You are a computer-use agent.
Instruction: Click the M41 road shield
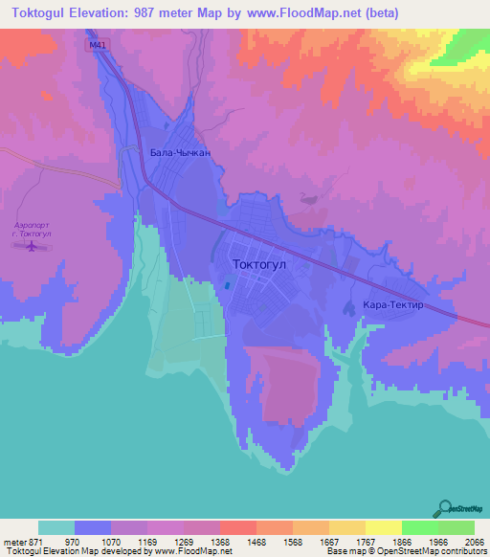click(95, 45)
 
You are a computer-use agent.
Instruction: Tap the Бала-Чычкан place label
click(181, 152)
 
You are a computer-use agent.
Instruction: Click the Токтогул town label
click(260, 261)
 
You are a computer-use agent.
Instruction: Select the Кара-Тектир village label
click(393, 306)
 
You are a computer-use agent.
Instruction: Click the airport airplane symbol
click(33, 247)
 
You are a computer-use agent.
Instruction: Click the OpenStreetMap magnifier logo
click(442, 508)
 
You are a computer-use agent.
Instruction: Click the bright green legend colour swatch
click(420, 527)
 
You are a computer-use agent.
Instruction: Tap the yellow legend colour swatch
click(384, 527)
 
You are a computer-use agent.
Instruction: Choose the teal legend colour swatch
click(56, 527)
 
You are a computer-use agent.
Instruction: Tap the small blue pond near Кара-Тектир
click(349, 307)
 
